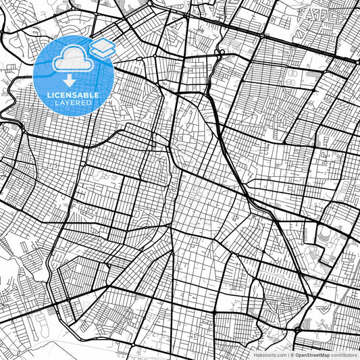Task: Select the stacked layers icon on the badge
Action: (x=102, y=47)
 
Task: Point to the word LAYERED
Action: (x=74, y=103)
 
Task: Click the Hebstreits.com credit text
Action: (x=269, y=354)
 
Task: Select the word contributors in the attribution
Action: (x=344, y=354)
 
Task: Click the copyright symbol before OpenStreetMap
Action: (x=292, y=354)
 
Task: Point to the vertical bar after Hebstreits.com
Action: (x=287, y=354)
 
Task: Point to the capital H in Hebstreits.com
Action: (x=255, y=354)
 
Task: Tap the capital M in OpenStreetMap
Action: (x=324, y=354)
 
